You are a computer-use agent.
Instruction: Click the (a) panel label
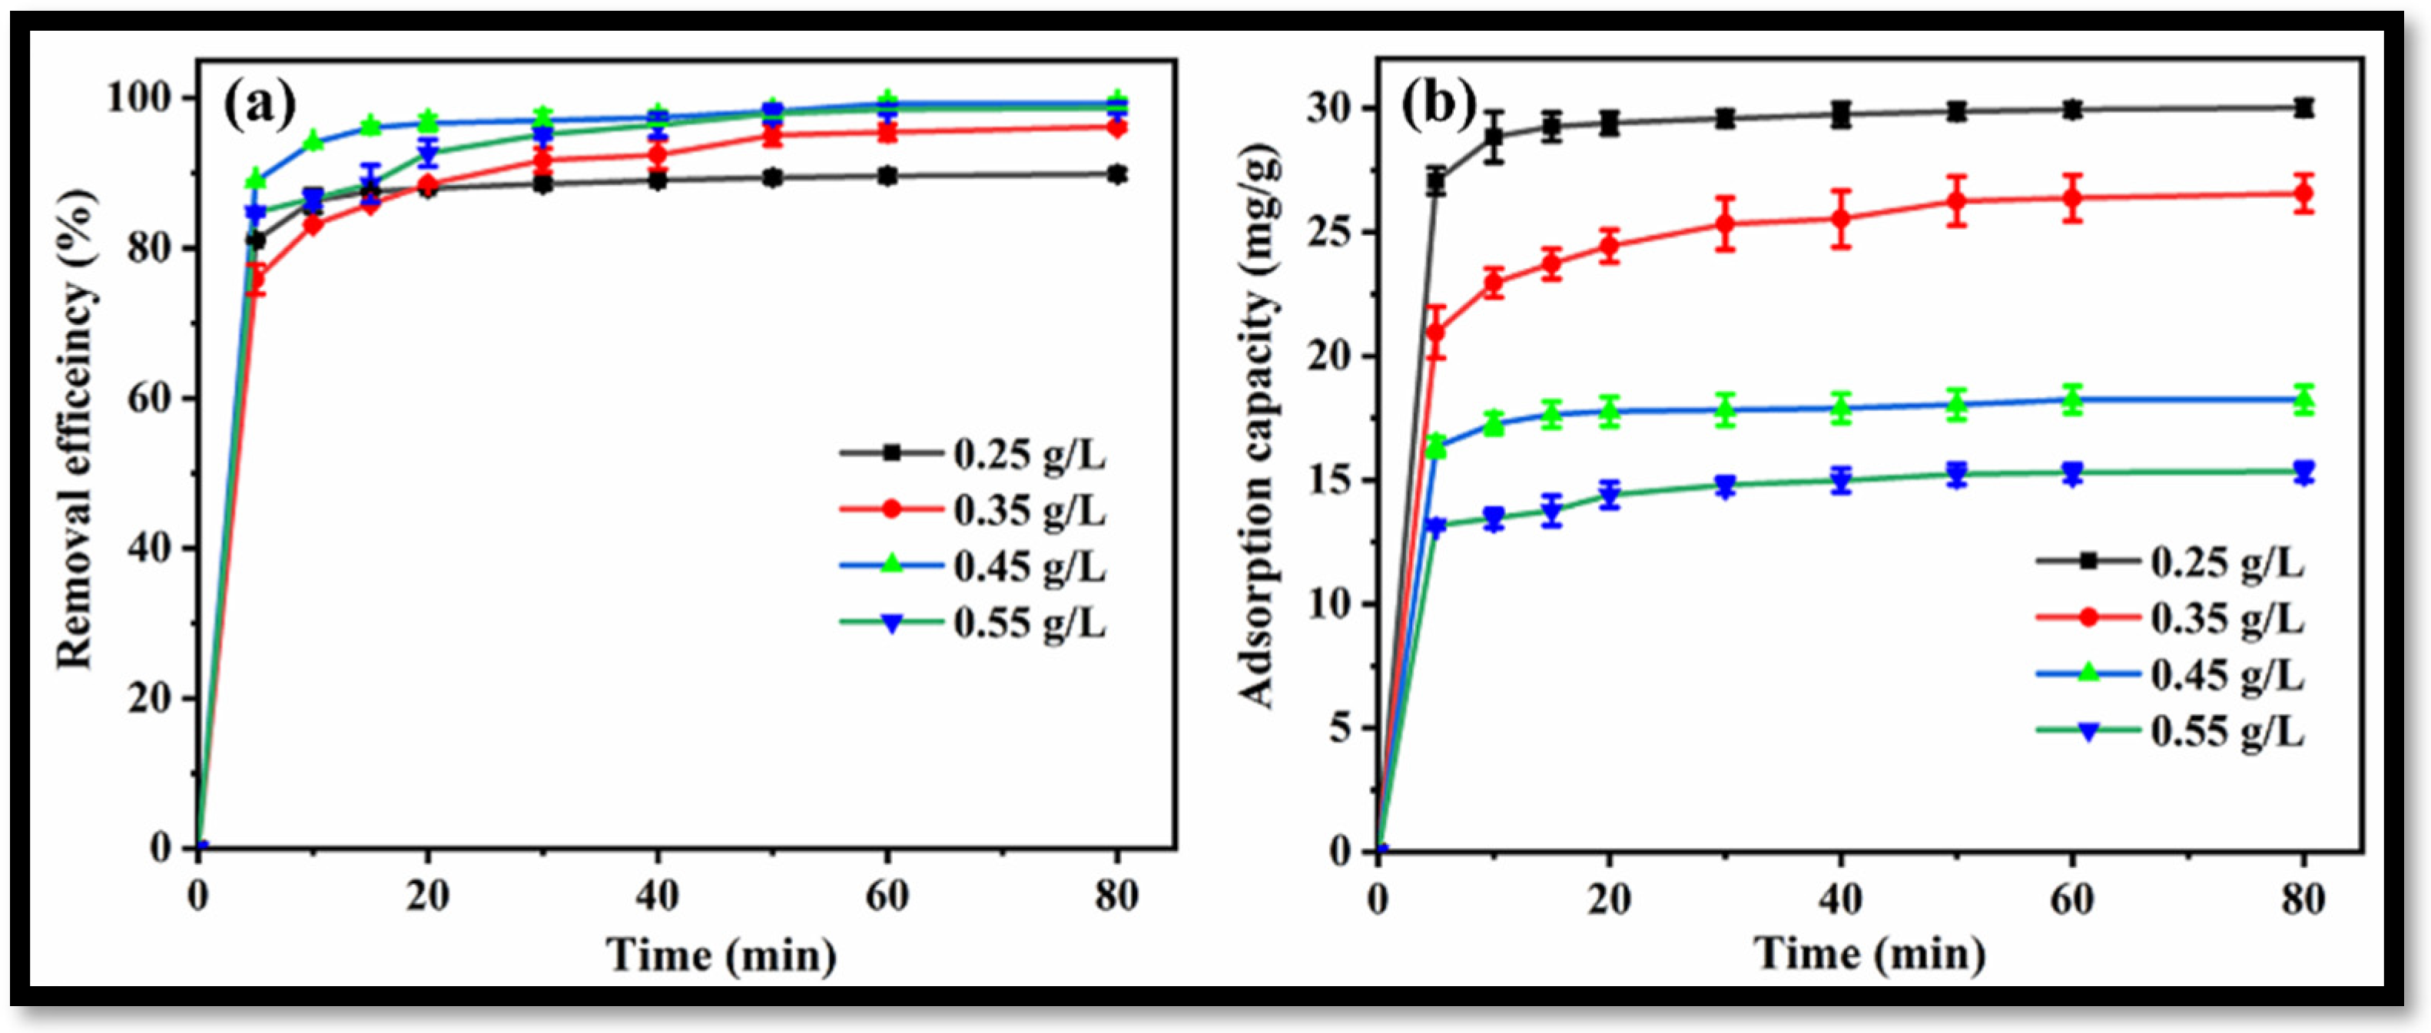[260, 106]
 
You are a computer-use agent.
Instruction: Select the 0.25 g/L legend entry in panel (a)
[972, 454]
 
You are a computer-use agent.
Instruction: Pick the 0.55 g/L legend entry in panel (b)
[2171, 731]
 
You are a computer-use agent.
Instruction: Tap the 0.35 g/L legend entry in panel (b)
[2171, 619]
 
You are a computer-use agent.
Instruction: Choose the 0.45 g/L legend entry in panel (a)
[972, 567]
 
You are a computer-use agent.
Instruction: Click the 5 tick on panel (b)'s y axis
[1341, 728]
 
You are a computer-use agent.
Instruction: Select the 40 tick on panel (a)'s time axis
[657, 896]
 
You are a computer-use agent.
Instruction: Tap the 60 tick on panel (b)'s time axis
[2072, 899]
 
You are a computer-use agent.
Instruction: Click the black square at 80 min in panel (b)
[2303, 108]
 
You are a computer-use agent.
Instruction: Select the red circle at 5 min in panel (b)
[1435, 332]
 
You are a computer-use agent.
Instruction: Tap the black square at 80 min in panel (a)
[1117, 174]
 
